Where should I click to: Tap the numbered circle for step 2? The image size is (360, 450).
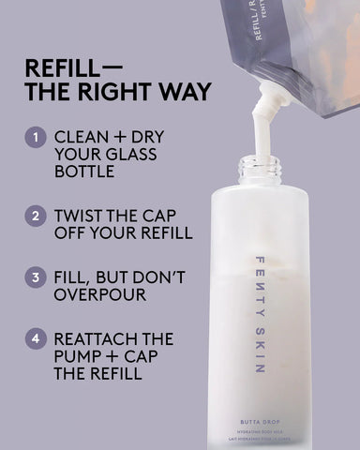35,215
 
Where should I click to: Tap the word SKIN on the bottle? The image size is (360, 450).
260,347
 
